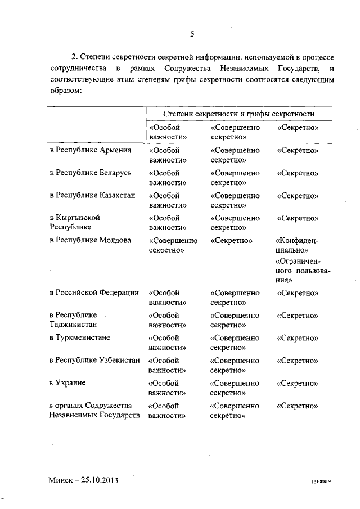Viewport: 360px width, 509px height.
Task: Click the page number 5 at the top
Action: click(192, 35)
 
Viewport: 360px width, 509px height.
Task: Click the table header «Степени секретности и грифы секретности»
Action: click(238, 114)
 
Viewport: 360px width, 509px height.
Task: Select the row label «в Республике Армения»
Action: click(90, 150)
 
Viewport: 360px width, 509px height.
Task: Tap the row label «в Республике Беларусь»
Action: click(90, 173)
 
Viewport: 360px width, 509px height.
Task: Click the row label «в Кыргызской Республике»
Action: click(76, 222)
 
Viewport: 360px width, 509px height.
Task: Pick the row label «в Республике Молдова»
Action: click(90, 240)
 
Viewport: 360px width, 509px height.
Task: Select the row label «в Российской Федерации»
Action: click(93, 292)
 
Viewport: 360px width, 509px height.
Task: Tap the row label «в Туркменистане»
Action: click(79, 337)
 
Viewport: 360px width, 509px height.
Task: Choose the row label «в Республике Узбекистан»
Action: click(94, 361)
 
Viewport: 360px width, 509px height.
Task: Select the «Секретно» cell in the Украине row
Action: click(298, 383)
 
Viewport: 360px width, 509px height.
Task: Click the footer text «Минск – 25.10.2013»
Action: click(83, 481)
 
